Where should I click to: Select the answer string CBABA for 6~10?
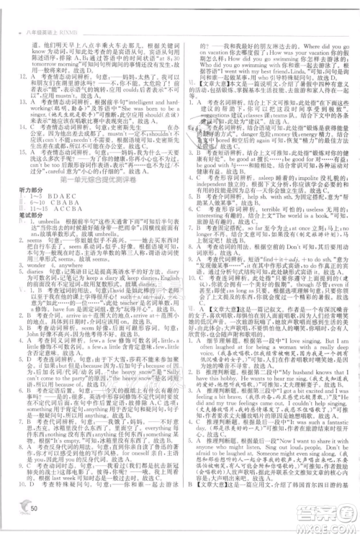point(68,202)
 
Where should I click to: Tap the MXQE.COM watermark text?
point(331,523)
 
